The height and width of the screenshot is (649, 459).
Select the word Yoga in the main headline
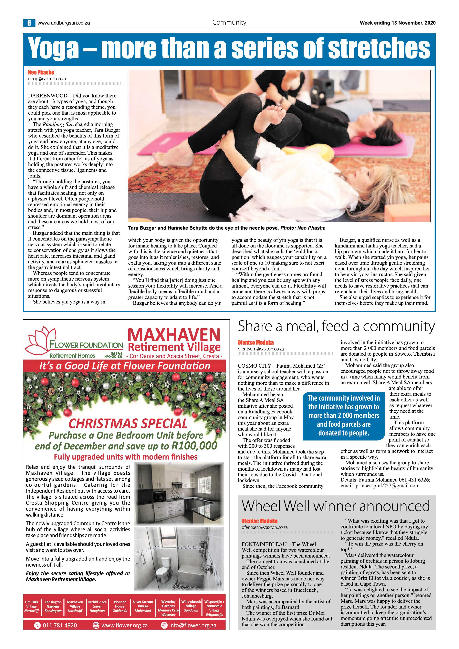coord(54,48)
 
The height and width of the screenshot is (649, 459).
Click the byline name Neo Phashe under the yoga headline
coord(41,73)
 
